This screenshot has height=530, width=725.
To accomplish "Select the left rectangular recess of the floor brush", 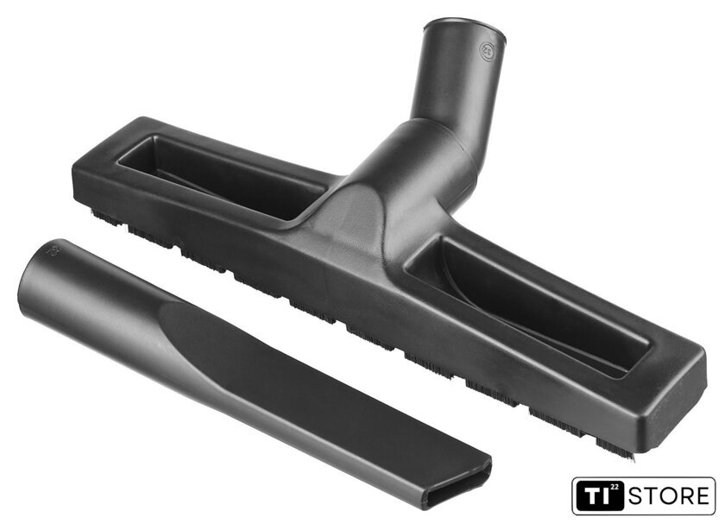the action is click(221, 176).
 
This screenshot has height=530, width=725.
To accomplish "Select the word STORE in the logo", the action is click(669, 496).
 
